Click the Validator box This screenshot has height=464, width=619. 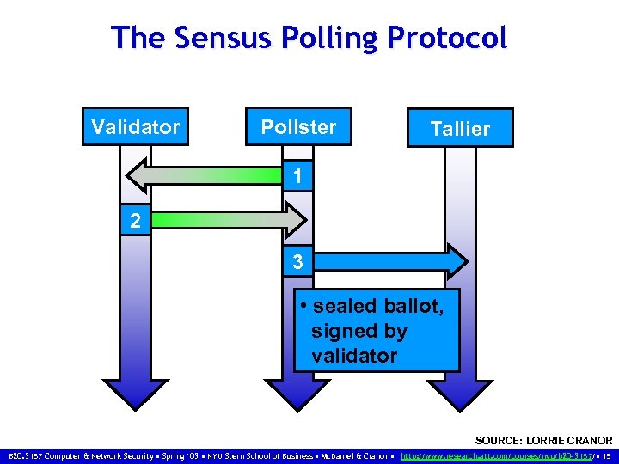tap(135, 127)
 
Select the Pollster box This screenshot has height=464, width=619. tap(298, 127)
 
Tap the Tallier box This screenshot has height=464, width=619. tap(460, 129)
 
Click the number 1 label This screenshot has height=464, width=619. tap(297, 178)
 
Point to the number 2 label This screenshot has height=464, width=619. tap(135, 220)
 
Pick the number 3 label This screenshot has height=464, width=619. tap(297, 262)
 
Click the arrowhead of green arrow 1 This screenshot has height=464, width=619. tap(138, 176)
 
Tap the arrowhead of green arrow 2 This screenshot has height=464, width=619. tap(295, 219)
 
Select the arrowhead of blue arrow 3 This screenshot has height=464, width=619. tap(456, 260)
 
